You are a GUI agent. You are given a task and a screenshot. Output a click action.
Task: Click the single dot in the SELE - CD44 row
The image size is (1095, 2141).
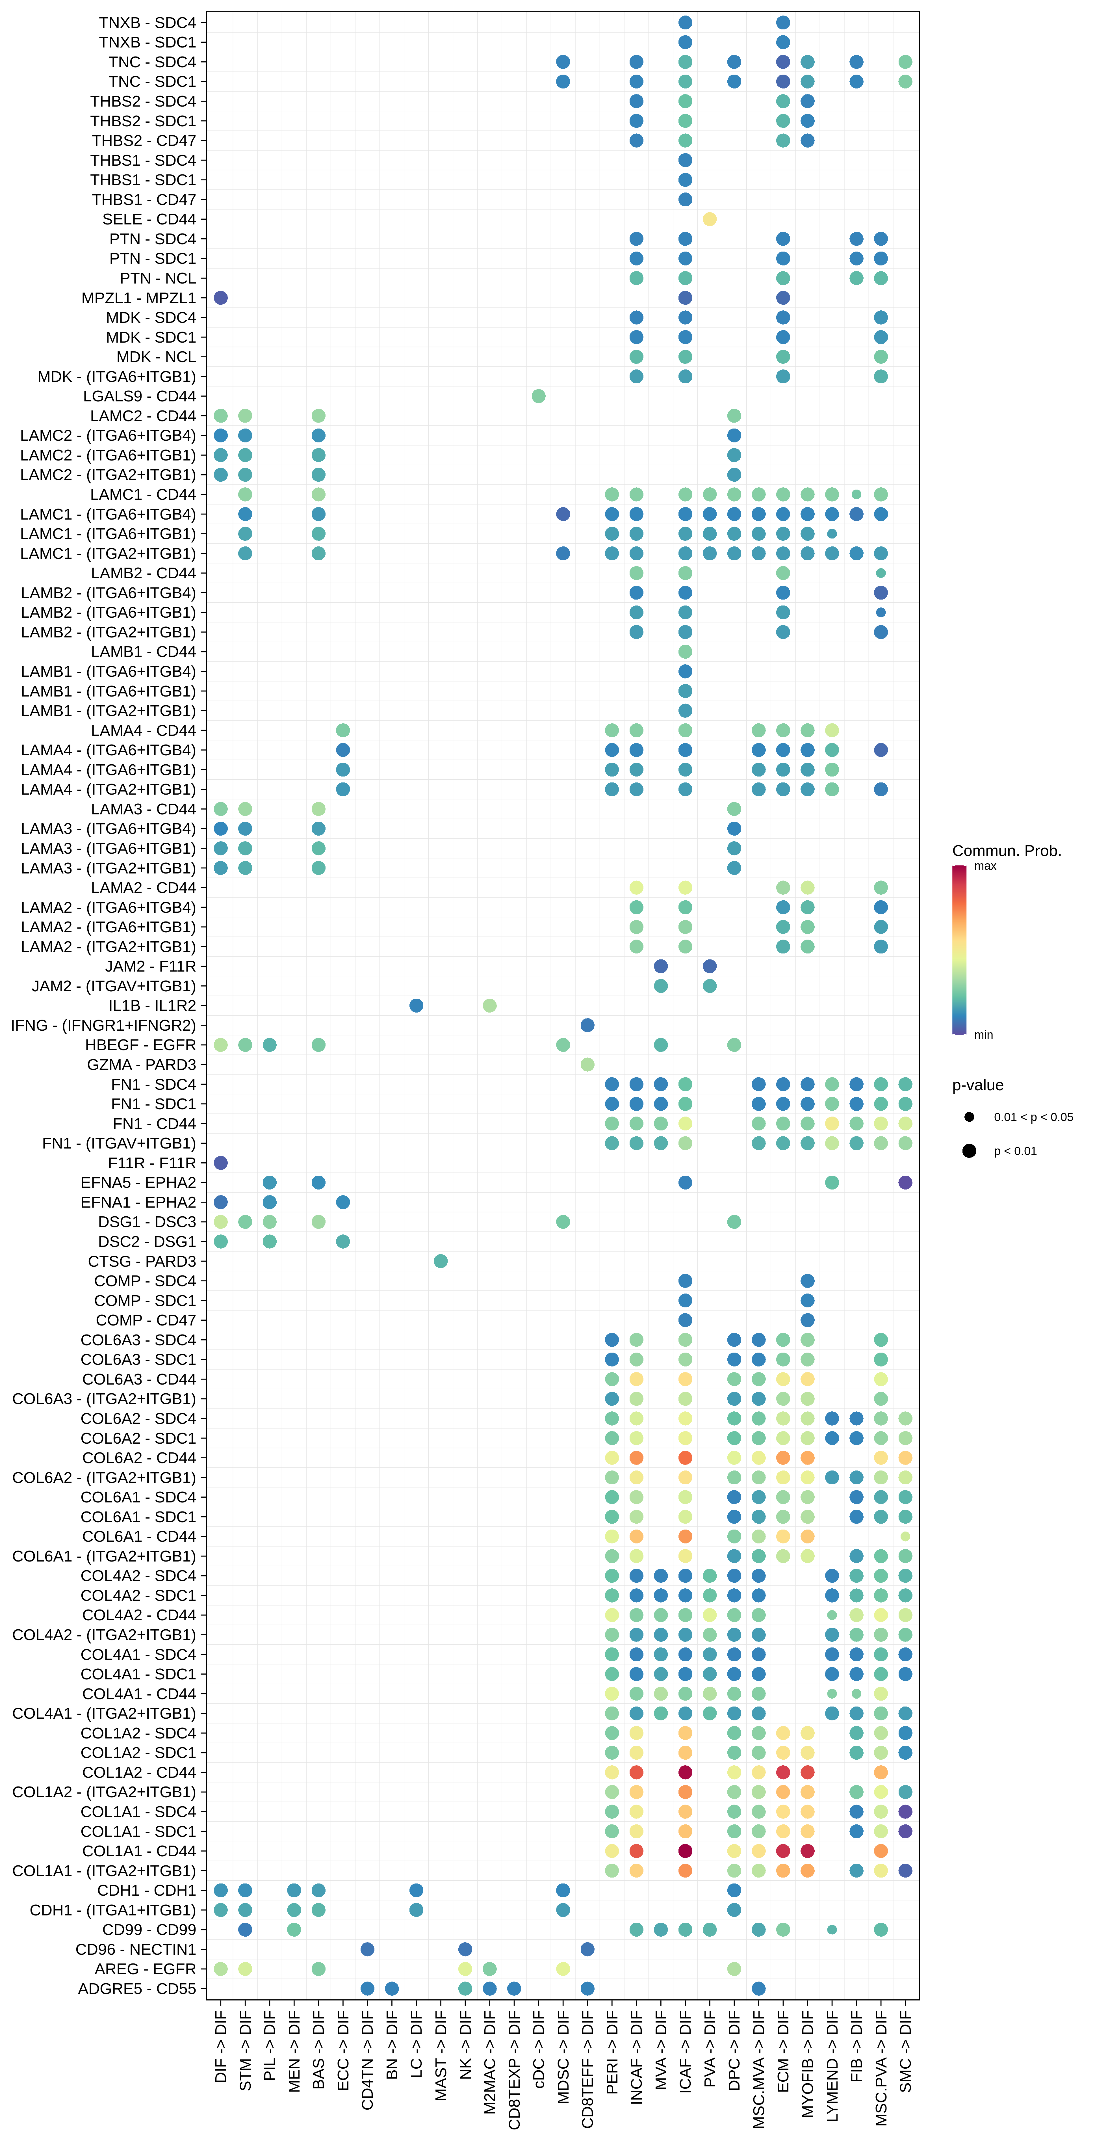[x=710, y=219]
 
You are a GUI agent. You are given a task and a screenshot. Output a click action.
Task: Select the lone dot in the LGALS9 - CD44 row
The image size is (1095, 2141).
[x=538, y=396]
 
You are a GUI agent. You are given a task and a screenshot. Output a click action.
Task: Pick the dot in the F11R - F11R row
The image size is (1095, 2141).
[x=220, y=1163]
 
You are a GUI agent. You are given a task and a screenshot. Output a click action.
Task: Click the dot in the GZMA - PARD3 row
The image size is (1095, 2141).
[x=587, y=1065]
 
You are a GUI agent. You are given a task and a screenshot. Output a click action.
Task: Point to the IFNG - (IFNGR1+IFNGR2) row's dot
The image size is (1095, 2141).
[x=587, y=1025]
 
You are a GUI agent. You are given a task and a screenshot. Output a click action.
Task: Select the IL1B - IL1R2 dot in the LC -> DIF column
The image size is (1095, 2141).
[x=416, y=1006]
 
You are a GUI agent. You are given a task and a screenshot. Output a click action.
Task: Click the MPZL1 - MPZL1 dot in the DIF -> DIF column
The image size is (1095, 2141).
[x=220, y=298]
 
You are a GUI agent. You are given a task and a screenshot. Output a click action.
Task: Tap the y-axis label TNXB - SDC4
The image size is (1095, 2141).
[x=147, y=22]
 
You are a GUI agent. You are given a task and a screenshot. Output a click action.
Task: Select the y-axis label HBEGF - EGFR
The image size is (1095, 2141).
[x=140, y=1045]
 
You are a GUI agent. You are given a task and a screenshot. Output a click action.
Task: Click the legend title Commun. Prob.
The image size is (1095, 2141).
[x=1006, y=850]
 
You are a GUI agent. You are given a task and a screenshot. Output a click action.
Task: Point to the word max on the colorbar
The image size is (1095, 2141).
[x=985, y=866]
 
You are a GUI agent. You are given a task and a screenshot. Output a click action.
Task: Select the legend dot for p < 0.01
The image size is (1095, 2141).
[x=969, y=1151]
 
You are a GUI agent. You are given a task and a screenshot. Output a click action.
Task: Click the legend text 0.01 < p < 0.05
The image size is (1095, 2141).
[x=1033, y=1117]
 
